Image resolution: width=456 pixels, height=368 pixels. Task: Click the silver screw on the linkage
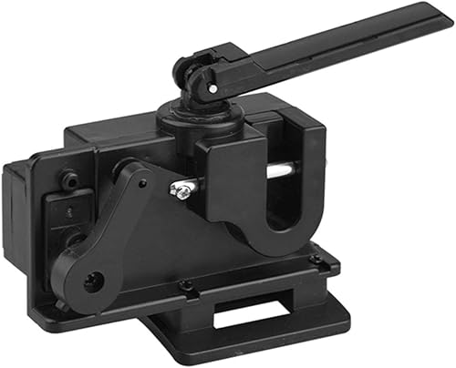(x=181, y=189)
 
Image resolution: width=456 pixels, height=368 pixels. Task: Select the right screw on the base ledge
(x=316, y=260)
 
